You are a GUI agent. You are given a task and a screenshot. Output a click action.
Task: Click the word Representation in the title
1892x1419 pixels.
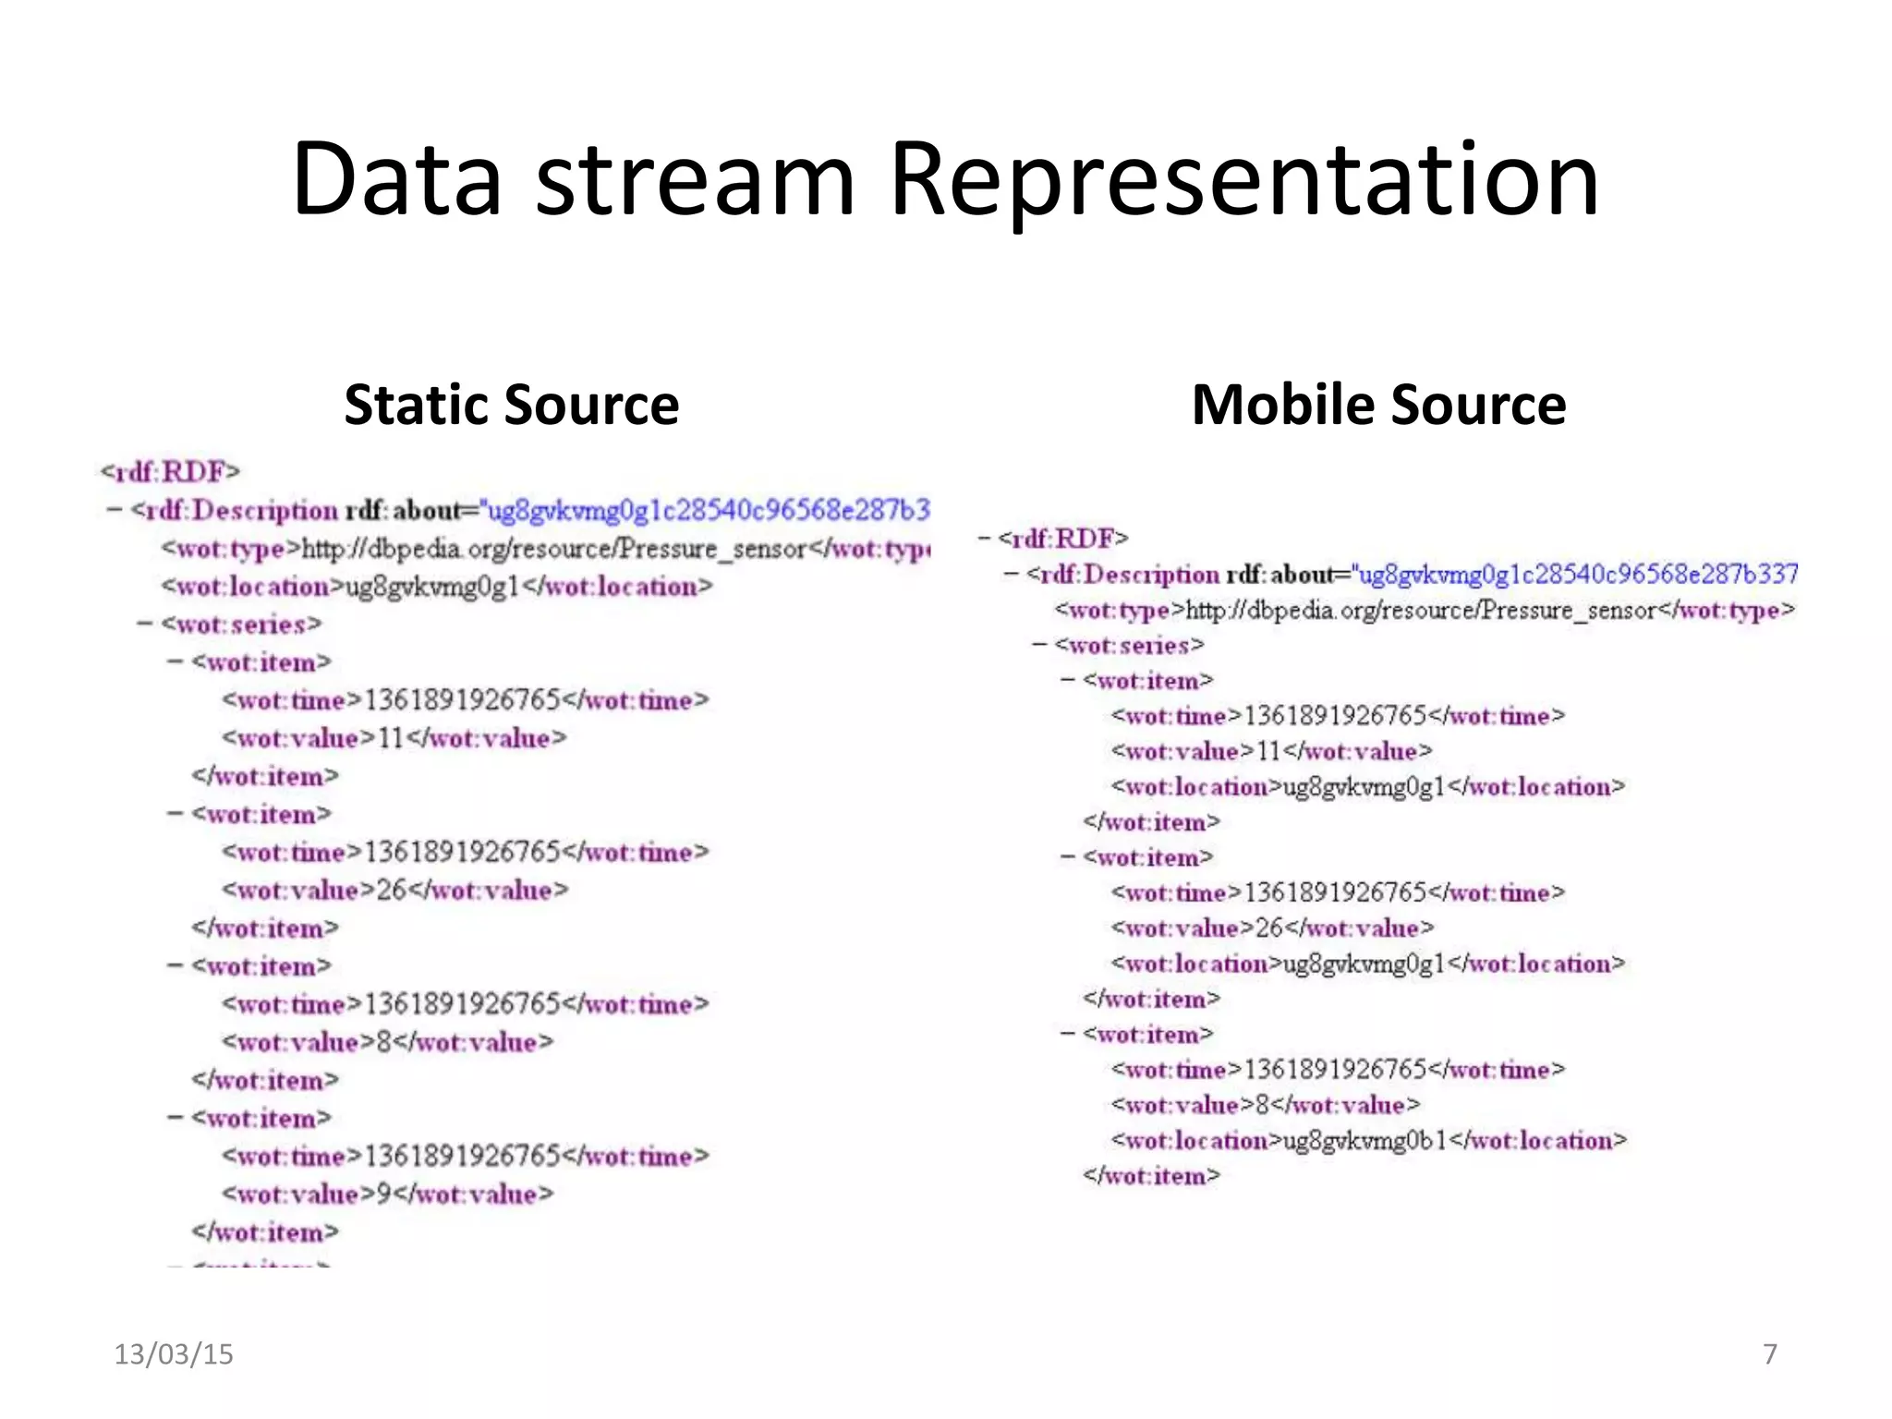tap(1243, 179)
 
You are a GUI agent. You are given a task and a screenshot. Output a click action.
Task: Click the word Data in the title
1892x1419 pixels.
tap(397, 179)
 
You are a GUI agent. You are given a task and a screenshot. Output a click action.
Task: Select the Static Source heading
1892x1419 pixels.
tap(511, 405)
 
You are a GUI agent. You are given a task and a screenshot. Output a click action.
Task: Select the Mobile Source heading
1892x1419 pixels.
tap(1378, 405)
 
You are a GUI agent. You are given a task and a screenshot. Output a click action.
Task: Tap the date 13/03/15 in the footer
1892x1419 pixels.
tap(174, 1354)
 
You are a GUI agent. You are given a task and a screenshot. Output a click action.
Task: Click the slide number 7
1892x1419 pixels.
tap(1769, 1354)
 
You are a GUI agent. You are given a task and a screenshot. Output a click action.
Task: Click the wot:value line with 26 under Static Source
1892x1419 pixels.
tap(394, 890)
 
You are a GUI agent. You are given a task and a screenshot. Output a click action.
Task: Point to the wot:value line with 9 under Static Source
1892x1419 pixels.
tap(387, 1194)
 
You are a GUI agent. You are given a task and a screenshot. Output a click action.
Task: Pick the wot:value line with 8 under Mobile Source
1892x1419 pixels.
tap(1265, 1105)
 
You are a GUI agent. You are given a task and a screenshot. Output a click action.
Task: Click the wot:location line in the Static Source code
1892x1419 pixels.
tap(436, 587)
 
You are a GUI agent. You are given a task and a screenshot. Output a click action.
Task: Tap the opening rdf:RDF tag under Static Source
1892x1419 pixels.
tap(170, 472)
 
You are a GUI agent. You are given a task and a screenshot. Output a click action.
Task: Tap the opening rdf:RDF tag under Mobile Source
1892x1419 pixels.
tap(1062, 539)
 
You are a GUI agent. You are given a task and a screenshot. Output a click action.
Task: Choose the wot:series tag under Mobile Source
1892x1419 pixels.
tap(1129, 645)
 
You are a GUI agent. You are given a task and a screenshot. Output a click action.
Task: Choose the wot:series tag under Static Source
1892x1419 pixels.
tap(241, 625)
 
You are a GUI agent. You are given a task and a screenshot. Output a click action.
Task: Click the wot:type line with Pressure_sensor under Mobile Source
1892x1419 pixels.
tap(1424, 610)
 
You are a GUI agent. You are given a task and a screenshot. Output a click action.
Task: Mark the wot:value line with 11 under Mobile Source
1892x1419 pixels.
tap(1271, 751)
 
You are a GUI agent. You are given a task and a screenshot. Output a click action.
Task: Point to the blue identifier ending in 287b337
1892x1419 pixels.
tap(1577, 575)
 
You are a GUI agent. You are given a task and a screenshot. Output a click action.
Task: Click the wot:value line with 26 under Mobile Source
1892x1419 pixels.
tap(1272, 928)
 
